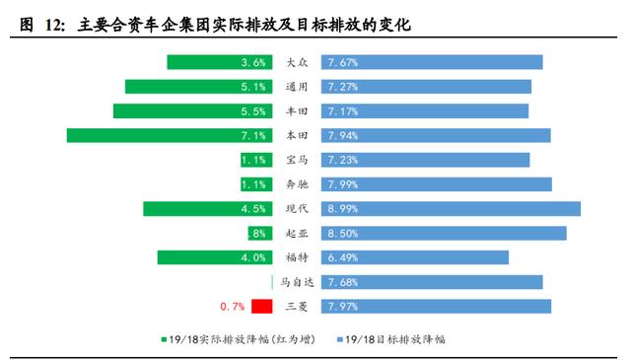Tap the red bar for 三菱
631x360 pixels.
coord(261,306)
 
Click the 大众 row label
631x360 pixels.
coord(297,62)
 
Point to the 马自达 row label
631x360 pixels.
coord(297,282)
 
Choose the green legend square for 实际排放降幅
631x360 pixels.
coord(165,339)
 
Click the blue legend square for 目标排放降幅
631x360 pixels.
coord(339,339)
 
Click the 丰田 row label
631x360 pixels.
coord(297,111)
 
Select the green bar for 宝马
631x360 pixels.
coord(254,160)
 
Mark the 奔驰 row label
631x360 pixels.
coord(297,184)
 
